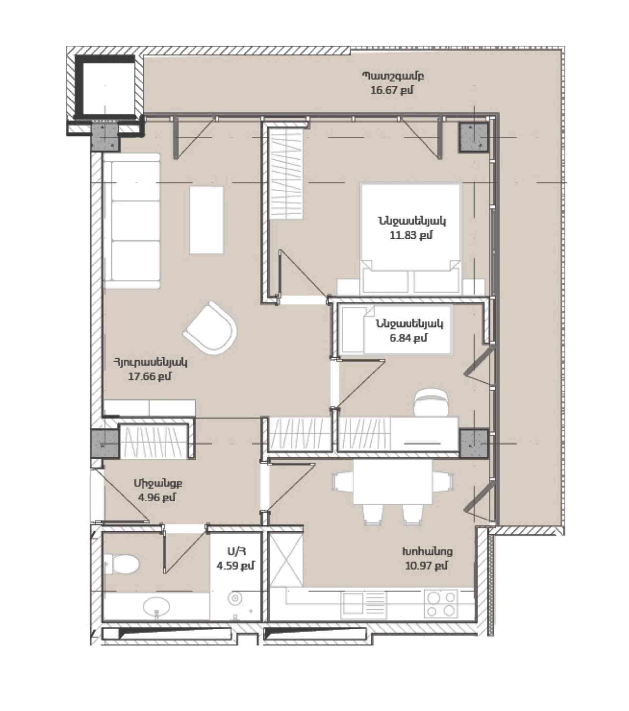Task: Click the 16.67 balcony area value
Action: pyautogui.click(x=391, y=90)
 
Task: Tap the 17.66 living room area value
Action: pyautogui.click(x=150, y=376)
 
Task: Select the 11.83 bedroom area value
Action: pyautogui.click(x=411, y=235)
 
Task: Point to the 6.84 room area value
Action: pyautogui.click(x=408, y=338)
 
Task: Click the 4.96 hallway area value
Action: pyautogui.click(x=157, y=498)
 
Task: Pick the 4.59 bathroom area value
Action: pyautogui.click(x=235, y=566)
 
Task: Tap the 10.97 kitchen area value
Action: pyautogui.click(x=426, y=566)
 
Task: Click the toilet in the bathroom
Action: pyautogui.click(x=122, y=564)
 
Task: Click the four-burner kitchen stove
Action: pyautogui.click(x=441, y=604)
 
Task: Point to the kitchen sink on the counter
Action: pyautogui.click(x=364, y=604)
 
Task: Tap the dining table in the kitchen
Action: pyautogui.click(x=393, y=482)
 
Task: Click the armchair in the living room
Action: pyautogui.click(x=211, y=328)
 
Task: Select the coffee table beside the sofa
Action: pyautogui.click(x=206, y=220)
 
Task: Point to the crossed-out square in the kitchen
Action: pyautogui.click(x=286, y=560)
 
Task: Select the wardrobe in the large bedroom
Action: pyautogui.click(x=286, y=173)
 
